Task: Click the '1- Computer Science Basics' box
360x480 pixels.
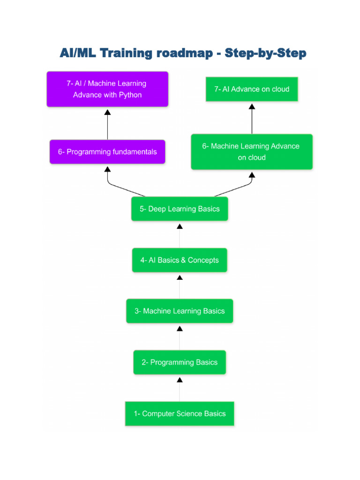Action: tap(180, 413)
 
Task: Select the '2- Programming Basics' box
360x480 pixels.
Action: tap(180, 362)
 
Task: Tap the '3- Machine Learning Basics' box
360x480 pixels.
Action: tap(180, 311)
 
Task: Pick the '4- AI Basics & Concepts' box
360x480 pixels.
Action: tap(180, 260)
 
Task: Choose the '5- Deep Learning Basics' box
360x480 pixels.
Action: tap(180, 209)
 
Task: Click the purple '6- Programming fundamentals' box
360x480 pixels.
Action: tap(107, 152)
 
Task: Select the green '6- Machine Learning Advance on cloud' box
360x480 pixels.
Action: tap(252, 152)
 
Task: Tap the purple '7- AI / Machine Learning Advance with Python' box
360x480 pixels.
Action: tap(107, 89)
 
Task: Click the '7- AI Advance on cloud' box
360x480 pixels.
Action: tap(252, 89)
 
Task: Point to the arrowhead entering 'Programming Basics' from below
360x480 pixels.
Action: tap(180, 380)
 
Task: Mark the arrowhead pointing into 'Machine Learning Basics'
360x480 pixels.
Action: tap(180, 329)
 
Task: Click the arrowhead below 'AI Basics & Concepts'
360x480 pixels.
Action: tap(180, 277)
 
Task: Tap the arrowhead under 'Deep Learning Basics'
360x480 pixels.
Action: tap(180, 226)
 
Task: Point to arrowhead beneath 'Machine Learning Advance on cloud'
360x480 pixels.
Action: tap(252, 175)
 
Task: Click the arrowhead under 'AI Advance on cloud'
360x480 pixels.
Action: tap(252, 106)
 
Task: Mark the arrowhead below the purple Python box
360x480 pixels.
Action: tap(107, 112)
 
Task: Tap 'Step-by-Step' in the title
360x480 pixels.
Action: tap(265, 53)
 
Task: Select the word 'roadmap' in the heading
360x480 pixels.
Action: tap(184, 53)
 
